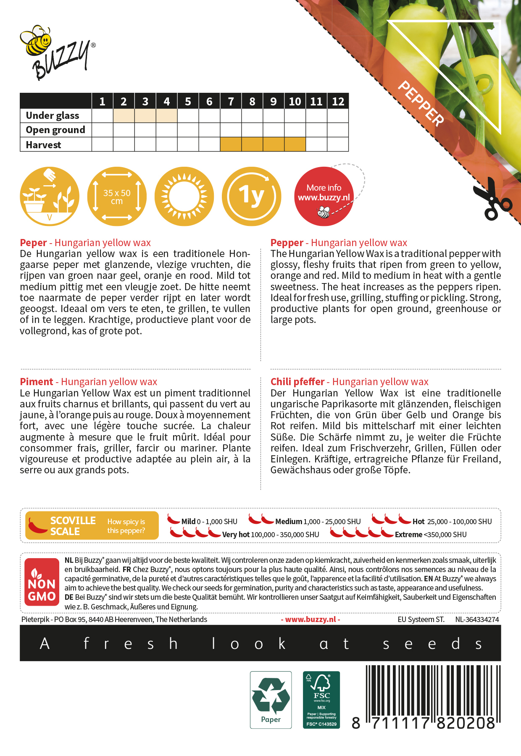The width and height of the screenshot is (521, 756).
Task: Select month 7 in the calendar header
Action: point(231,101)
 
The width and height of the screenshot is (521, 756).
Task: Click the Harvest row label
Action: point(44,145)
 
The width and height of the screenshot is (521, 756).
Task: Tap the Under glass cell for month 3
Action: point(145,115)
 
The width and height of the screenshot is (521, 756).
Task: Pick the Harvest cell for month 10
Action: point(295,144)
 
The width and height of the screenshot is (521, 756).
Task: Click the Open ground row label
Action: point(55,130)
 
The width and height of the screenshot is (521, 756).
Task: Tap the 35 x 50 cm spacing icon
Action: point(117,197)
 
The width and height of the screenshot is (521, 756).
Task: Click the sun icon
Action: point(184,197)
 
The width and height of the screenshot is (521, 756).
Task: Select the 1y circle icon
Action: point(251,197)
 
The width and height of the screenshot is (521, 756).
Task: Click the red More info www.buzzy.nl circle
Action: point(324,197)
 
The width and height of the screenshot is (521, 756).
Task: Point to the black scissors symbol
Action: point(492,199)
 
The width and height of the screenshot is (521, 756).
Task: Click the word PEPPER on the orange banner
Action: point(421,103)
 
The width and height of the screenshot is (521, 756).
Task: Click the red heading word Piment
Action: point(37,382)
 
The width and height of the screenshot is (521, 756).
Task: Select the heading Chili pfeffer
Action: point(297,382)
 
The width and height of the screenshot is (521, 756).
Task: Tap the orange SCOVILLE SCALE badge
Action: point(92,525)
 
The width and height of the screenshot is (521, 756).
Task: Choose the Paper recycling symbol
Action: point(271,700)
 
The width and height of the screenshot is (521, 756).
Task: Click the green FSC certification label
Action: point(321,700)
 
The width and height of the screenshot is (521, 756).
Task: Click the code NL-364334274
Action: point(477,619)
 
